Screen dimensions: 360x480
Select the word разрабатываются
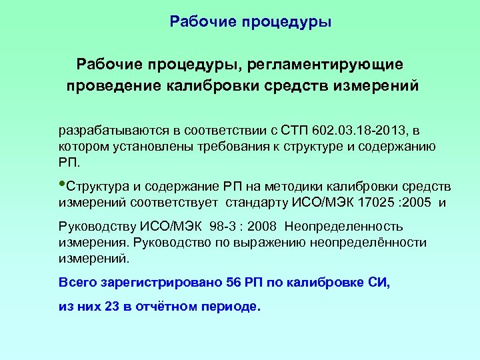(105, 127)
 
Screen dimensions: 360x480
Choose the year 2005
(413, 200)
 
